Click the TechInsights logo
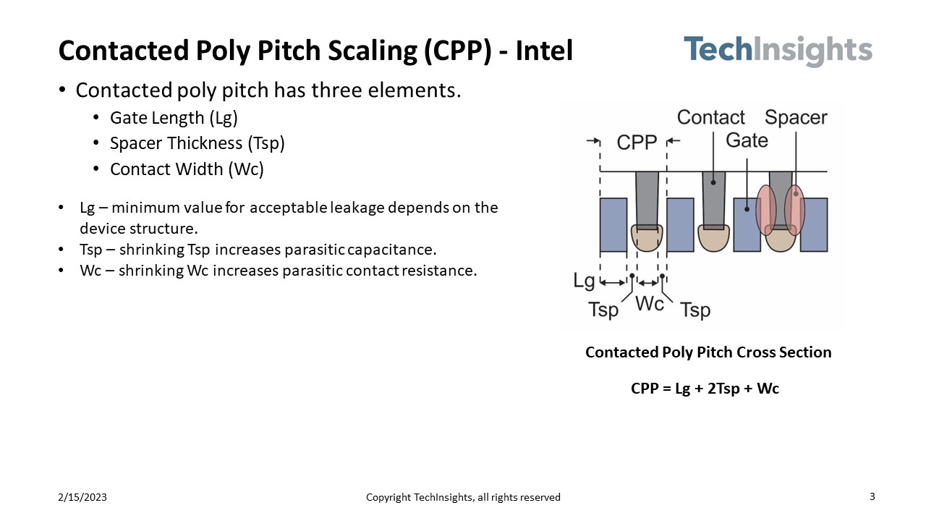778,51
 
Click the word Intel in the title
544,51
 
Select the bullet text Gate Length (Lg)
174,118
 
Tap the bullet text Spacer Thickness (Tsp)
197,144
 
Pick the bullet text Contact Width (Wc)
187,169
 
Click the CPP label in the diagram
637,143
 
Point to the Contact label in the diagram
710,117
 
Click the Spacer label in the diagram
796,117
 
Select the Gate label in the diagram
747,140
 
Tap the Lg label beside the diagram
584,281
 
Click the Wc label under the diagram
650,304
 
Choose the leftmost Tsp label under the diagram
603,310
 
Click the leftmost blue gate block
613,225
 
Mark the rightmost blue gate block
814,225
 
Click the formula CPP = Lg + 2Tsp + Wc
705,389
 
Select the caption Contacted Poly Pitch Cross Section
708,352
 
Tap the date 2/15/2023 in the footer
82,497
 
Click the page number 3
872,496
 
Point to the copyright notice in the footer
463,497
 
